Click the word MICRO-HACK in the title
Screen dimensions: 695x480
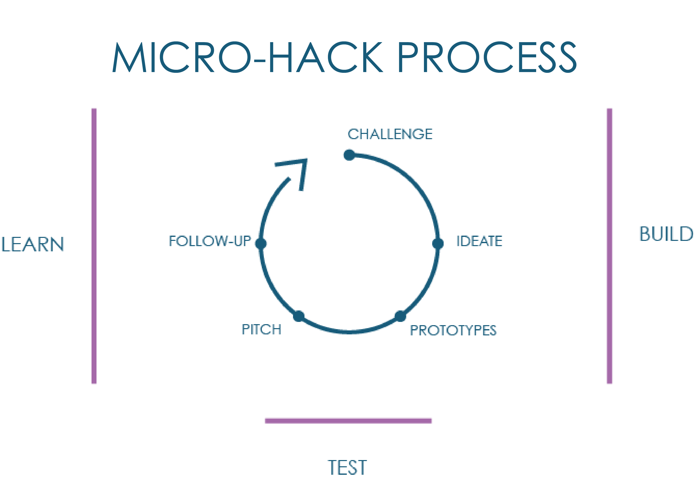point(248,57)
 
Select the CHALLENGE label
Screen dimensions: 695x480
point(390,134)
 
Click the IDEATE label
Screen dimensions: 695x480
point(479,241)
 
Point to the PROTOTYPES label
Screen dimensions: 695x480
point(453,330)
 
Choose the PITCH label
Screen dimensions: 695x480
point(261,329)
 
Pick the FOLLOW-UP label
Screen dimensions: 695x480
point(210,241)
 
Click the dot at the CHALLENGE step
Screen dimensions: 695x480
point(349,155)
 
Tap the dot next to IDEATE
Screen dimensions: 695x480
point(438,243)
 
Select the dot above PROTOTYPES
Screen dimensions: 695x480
point(400,316)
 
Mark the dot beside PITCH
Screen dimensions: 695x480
point(299,316)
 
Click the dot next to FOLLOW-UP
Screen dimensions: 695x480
point(261,243)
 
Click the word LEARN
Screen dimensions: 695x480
point(32,244)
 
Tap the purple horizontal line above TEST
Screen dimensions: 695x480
point(348,420)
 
